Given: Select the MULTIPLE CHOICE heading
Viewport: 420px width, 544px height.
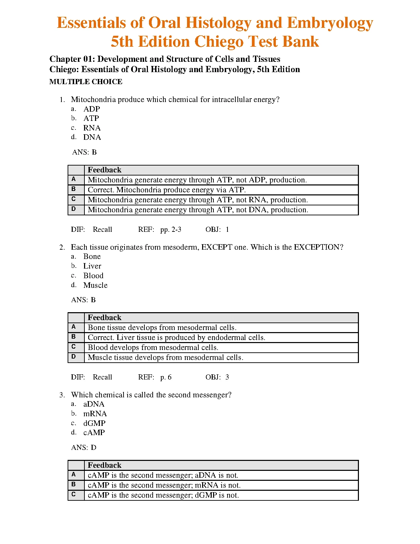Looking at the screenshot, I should click(86, 82).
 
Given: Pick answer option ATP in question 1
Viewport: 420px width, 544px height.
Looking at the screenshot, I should click(91, 118).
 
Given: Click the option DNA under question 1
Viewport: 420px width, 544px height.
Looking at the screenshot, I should click(92, 137).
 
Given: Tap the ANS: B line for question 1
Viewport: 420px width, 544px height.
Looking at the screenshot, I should click(84, 152).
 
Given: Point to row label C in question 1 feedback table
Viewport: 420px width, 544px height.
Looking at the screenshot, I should click(74, 199).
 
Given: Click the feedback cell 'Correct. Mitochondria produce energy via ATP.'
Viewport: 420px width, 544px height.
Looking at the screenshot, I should click(167, 190).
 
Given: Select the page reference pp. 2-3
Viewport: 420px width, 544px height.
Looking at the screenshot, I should click(171, 229).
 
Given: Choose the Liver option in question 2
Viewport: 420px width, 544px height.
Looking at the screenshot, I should click(92, 266).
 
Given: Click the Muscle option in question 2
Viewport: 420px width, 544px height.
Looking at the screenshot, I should click(95, 285).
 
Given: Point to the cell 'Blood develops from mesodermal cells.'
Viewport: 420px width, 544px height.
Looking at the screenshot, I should click(153, 348).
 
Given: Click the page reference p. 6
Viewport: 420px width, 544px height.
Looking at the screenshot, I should click(166, 377).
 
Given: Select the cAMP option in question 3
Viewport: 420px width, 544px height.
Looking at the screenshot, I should click(94, 433).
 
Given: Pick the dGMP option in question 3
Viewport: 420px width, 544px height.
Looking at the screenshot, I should click(94, 423).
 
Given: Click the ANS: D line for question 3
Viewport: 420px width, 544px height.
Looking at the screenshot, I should click(84, 447).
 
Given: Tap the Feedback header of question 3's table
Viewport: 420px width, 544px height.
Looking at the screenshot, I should click(105, 465).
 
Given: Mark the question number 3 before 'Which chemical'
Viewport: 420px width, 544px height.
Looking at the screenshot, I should click(61, 395).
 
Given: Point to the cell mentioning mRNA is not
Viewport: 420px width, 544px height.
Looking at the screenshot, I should click(164, 485).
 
